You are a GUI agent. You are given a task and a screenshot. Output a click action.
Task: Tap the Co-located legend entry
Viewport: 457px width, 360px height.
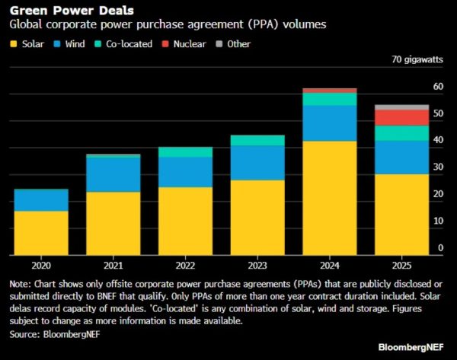[x=129, y=44]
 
